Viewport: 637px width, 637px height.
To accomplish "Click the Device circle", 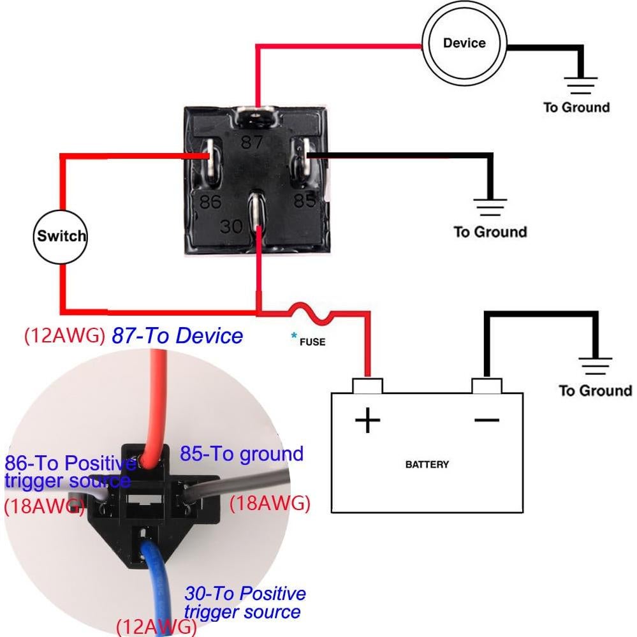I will tap(464, 43).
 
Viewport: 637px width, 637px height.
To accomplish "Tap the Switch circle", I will tap(60, 236).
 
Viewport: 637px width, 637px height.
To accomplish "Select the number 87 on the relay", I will tap(251, 142).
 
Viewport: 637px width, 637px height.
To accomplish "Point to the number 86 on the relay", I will tap(210, 202).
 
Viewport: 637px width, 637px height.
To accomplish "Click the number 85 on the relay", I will tap(305, 201).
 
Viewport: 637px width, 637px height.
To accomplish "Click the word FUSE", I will tap(313, 342).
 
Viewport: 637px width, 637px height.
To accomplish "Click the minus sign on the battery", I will tap(487, 420).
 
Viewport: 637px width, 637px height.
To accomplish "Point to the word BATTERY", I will tap(427, 464).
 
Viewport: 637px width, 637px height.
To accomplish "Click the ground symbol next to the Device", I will tap(580, 84).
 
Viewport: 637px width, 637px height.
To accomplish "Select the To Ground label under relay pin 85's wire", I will tap(490, 231).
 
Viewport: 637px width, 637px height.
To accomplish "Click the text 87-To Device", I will tap(177, 335).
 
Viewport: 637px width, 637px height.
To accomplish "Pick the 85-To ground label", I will tap(241, 454).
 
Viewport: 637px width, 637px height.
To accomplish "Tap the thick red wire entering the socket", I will tap(157, 408).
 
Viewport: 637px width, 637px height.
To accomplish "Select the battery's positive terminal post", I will tap(367, 385).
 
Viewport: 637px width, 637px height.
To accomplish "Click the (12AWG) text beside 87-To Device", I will tap(64, 336).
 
